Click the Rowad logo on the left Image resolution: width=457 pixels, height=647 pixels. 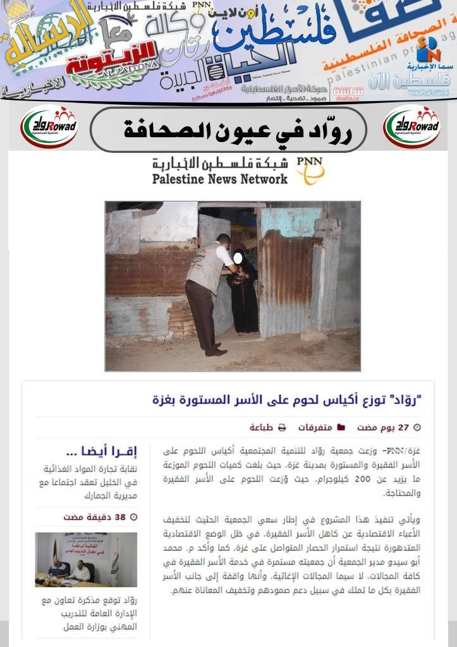tap(49, 126)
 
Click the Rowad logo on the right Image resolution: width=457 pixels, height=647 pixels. tap(411, 126)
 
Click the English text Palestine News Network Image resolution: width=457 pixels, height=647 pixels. tap(219, 179)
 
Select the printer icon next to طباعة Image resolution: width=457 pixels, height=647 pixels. tap(282, 428)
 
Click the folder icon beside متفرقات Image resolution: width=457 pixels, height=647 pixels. tap(341, 428)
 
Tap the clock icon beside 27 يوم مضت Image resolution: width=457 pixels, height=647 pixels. tap(417, 428)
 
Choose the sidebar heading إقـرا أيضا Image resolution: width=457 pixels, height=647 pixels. tap(101, 452)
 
